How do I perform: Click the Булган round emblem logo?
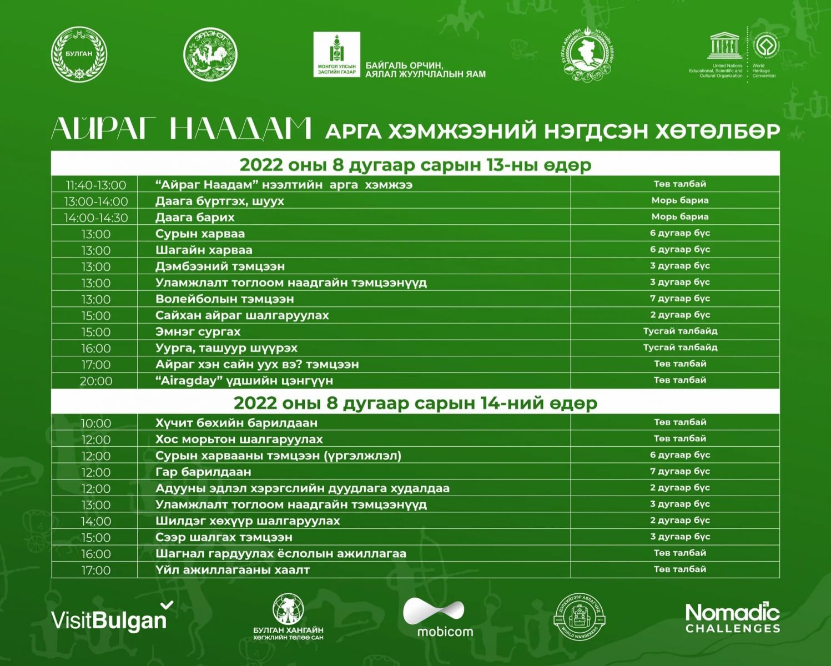(79, 54)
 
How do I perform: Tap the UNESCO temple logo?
(724, 46)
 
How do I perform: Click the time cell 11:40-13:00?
(95, 185)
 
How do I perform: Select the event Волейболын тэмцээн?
(224, 299)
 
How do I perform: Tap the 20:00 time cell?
(95, 381)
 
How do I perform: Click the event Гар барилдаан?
(203, 472)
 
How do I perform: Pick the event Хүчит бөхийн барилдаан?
(236, 423)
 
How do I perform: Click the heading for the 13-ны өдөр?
(415, 165)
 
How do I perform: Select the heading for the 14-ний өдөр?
(415, 403)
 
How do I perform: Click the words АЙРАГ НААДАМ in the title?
(181, 129)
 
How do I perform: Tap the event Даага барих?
(195, 217)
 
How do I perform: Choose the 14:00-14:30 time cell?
(95, 218)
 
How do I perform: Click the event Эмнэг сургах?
(198, 332)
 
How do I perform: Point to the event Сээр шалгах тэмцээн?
(224, 537)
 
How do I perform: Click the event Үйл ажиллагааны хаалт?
(233, 570)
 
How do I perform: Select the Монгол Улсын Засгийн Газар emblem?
(337, 54)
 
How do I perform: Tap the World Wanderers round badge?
(580, 617)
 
